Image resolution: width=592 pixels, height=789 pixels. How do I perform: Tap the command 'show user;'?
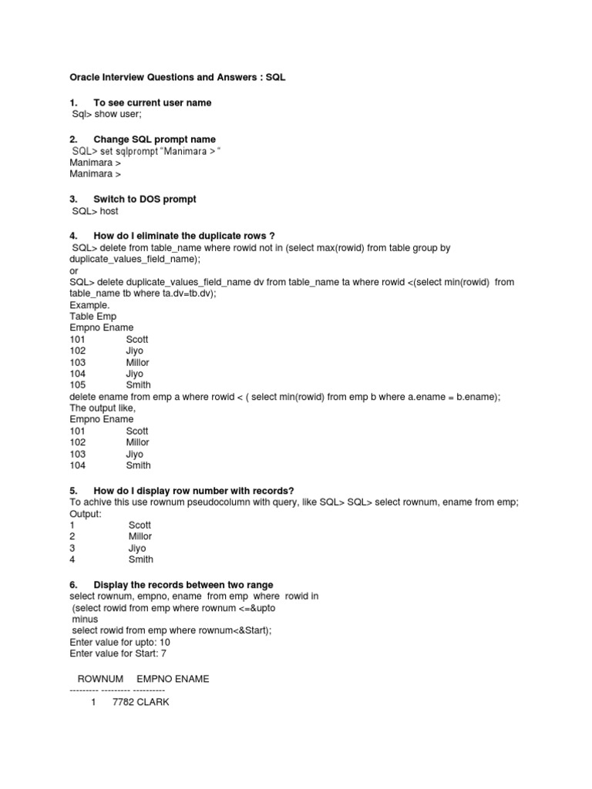coord(113,114)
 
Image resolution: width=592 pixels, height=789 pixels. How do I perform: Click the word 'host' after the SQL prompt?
coord(107,210)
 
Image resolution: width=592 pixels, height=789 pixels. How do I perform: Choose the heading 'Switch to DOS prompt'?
coord(144,199)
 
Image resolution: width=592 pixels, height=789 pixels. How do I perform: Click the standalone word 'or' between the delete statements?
coord(74,270)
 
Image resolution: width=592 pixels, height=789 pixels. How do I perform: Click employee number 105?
coord(77,385)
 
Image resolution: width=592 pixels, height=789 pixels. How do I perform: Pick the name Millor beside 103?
coord(138,362)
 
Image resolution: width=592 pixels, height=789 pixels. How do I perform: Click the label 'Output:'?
coord(86,513)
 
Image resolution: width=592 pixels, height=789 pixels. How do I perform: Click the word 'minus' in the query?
coord(86,619)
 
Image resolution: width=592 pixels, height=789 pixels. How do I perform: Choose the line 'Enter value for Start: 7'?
coord(118,653)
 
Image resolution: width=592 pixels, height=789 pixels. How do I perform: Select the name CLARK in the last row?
coord(153,703)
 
